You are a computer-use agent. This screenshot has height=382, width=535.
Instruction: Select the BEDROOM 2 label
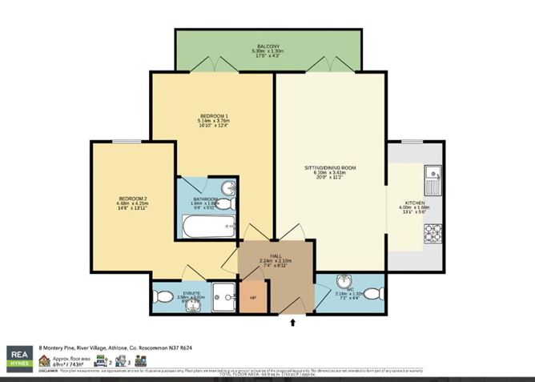tap(132, 199)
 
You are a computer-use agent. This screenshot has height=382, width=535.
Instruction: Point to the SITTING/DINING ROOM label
tap(329, 167)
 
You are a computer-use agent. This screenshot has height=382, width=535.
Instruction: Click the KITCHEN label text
tap(415, 203)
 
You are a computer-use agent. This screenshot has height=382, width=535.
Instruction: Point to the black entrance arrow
tap(292, 323)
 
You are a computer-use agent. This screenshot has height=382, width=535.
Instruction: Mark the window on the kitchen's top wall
tap(412, 142)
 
